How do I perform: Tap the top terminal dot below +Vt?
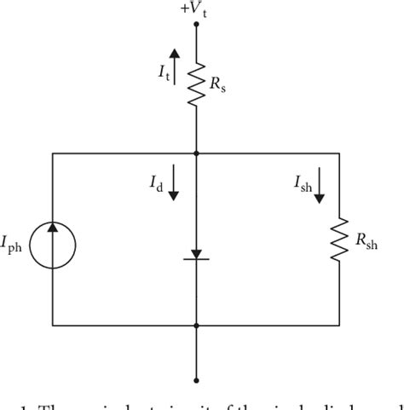[x=197, y=25]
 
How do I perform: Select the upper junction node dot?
[x=197, y=153]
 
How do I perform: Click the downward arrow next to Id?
[x=174, y=182]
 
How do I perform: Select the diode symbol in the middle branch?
[x=197, y=255]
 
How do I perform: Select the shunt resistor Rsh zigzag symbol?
[x=339, y=241]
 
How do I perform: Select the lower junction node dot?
[x=197, y=326]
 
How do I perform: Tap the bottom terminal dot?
[x=197, y=381]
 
